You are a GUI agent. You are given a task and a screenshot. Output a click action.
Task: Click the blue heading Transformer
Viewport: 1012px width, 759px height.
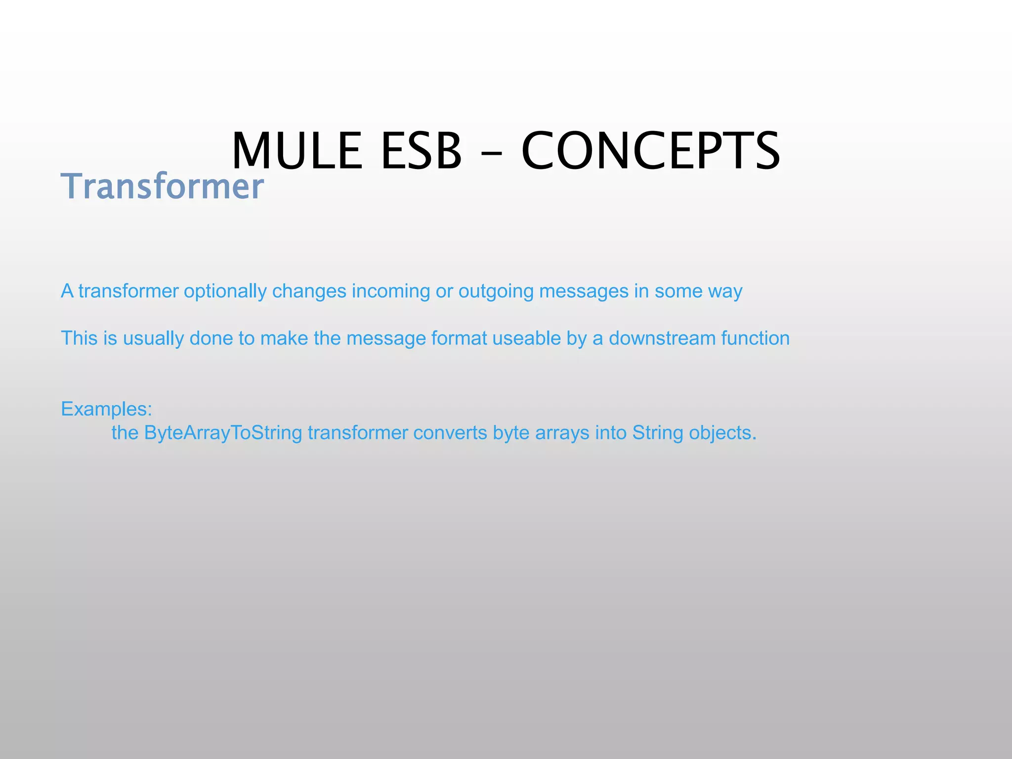coord(162,186)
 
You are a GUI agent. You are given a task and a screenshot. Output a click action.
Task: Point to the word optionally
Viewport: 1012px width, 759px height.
coord(225,291)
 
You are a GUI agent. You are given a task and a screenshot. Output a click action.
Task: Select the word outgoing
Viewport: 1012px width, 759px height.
coord(496,291)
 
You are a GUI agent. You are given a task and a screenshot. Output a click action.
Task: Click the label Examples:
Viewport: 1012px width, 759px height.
coord(106,409)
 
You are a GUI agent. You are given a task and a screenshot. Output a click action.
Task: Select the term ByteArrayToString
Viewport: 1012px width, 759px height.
coord(223,433)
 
